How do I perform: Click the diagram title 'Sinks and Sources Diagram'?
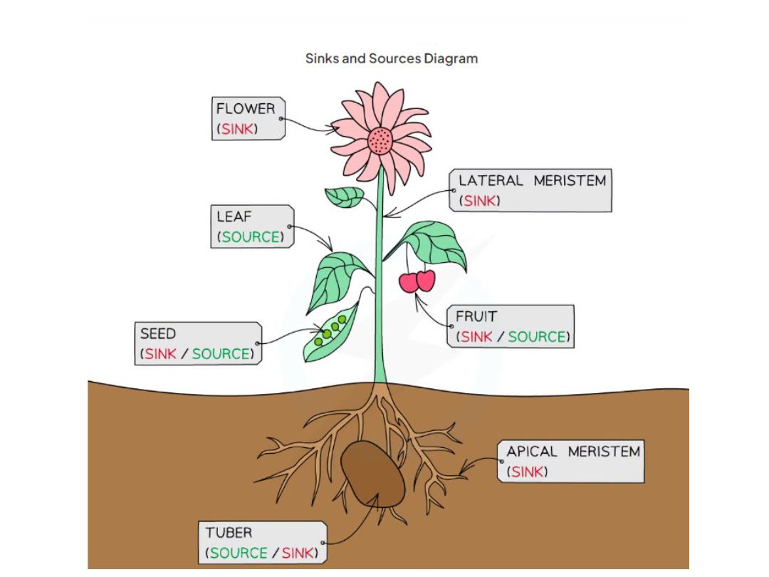391,58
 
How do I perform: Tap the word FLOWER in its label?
245,109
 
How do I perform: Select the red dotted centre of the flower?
380,140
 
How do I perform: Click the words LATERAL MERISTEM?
532,181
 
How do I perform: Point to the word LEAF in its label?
234,217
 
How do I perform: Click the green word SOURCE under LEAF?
251,237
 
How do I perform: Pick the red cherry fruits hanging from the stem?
417,281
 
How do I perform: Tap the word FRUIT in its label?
476,316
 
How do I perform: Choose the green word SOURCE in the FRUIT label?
537,337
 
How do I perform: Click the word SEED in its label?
158,333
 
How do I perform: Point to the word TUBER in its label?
229,533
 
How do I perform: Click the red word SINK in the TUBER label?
298,553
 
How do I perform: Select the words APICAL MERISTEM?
573,452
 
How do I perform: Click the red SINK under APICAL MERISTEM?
528,472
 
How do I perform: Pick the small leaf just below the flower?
345,197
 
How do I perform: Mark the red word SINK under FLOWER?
238,129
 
